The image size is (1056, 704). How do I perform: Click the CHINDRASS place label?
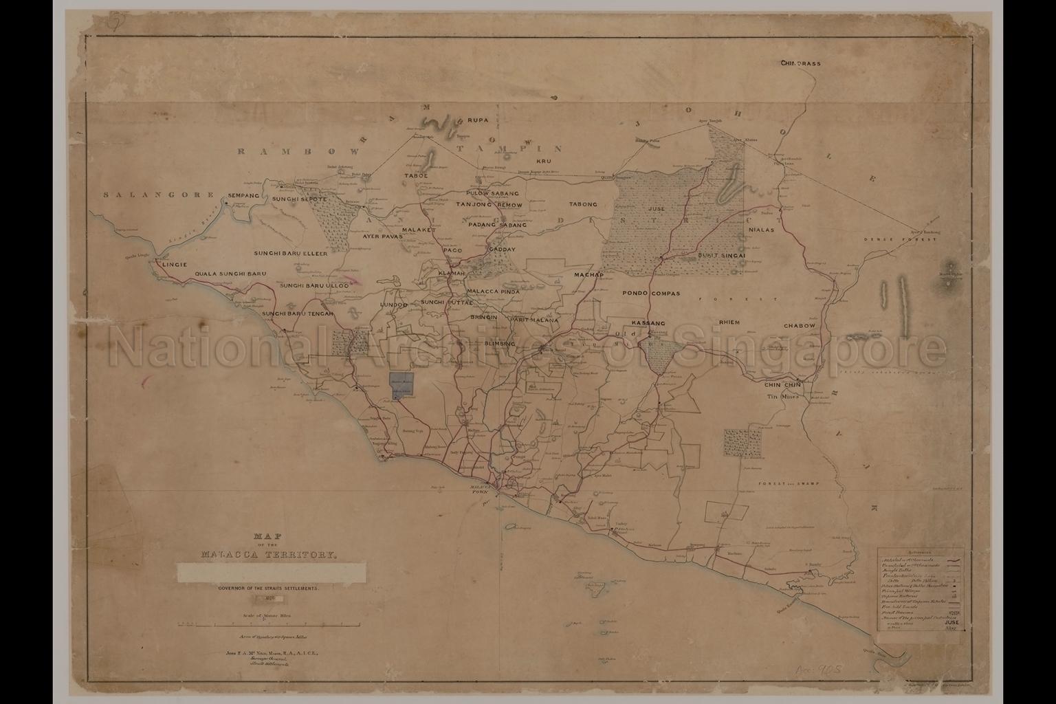800,63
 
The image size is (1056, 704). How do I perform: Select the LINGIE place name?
175,263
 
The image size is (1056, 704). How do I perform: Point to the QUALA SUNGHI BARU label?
230,274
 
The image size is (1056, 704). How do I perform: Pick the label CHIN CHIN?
784,385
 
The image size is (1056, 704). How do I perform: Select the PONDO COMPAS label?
651,293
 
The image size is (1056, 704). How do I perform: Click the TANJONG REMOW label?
489,205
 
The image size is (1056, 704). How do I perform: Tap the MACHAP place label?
588,275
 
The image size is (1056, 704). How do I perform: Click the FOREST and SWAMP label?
789,484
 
